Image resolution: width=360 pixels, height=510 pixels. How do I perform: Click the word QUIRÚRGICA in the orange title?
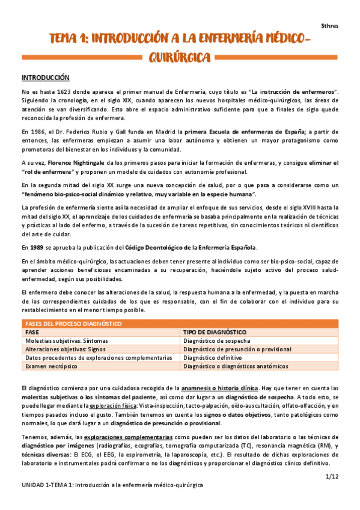click(x=180, y=58)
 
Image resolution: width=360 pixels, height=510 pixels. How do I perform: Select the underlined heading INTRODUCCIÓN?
click(x=46, y=78)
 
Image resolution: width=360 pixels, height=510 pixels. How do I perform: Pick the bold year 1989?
click(x=37, y=247)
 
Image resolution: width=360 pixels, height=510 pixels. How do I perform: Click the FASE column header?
click(x=33, y=332)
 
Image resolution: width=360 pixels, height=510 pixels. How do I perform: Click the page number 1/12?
click(x=332, y=476)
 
